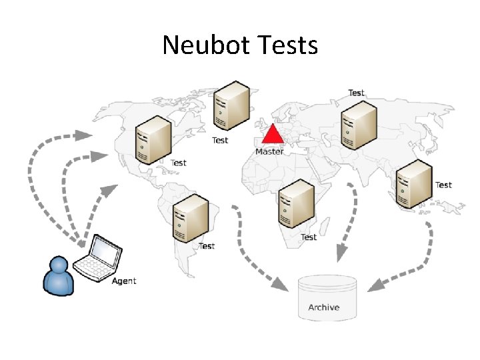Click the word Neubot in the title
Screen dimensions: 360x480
203,45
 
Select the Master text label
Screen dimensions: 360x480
269,151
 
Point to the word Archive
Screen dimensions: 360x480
323,307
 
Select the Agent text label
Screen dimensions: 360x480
123,281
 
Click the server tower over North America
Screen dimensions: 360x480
152,139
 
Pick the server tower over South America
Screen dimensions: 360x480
191,219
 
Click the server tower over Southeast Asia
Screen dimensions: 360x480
414,183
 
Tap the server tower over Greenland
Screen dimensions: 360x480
231,106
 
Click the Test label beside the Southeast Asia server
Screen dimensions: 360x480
443,185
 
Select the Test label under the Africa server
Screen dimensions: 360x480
309,237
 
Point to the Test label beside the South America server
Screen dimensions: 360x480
207,246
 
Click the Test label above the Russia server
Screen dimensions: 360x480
357,93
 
